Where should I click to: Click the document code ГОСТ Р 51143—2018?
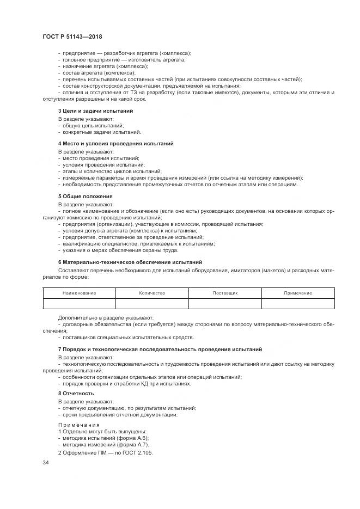[x=71, y=36]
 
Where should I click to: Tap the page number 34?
[x=46, y=462]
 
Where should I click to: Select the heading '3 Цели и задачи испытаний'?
[x=95, y=111]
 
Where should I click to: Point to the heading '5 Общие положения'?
[x=85, y=196]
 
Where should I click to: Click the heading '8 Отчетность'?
[x=76, y=393]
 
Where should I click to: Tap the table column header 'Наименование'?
[x=79, y=293]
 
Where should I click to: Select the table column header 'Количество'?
[x=152, y=293]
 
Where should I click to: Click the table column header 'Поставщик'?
[x=225, y=293]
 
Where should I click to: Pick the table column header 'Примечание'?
[x=298, y=293]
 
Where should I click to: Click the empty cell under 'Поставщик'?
[x=225, y=303]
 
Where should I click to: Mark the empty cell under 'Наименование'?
[x=79, y=303]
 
